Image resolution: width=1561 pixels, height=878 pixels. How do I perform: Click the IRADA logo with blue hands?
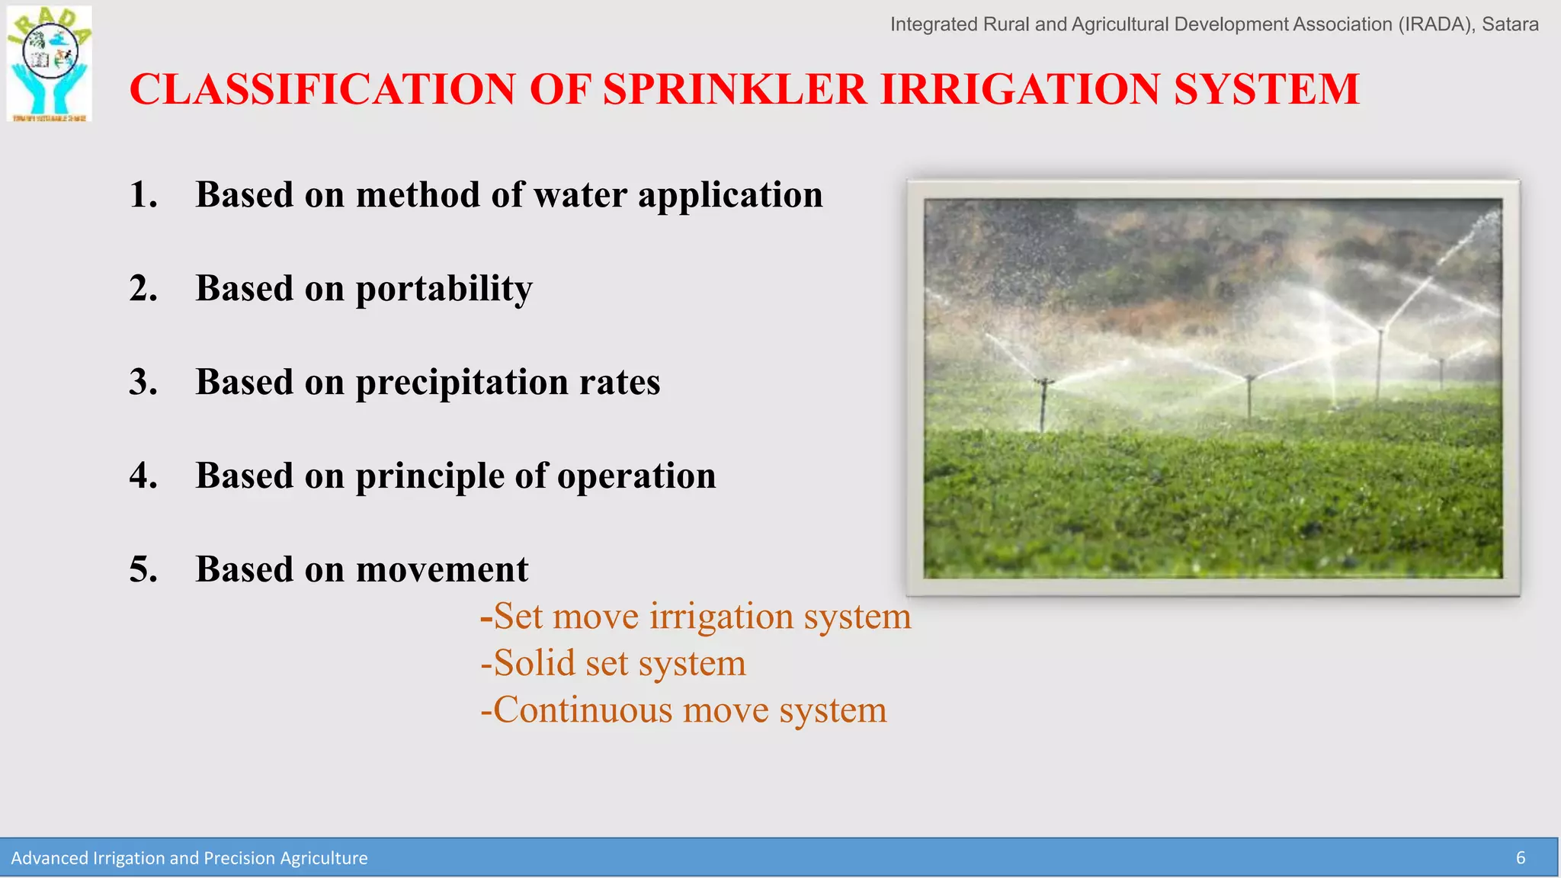tap(50, 64)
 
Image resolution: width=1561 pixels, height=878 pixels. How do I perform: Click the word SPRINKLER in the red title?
tap(735, 89)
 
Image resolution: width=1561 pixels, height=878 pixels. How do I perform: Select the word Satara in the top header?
tap(1510, 24)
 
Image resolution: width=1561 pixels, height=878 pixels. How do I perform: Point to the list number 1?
tap(143, 195)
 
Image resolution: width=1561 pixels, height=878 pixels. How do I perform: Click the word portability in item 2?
tap(444, 289)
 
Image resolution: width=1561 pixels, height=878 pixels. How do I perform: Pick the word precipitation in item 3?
tap(461, 383)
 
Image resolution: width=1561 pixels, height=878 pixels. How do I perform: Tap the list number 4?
tap(143, 476)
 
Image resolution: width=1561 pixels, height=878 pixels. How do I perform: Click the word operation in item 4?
tap(636, 476)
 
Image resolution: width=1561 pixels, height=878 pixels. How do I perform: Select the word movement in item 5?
tap(441, 570)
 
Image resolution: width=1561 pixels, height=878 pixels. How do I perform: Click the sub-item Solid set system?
tap(613, 663)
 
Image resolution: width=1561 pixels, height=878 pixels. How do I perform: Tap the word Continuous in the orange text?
tap(582, 710)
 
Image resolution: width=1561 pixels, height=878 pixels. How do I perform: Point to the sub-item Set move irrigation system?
tap(695, 617)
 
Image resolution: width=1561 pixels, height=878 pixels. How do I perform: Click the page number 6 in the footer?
tap(1520, 858)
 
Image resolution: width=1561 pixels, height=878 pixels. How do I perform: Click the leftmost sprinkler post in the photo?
tap(1043, 404)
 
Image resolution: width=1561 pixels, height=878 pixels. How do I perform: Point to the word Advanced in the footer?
tap(49, 858)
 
